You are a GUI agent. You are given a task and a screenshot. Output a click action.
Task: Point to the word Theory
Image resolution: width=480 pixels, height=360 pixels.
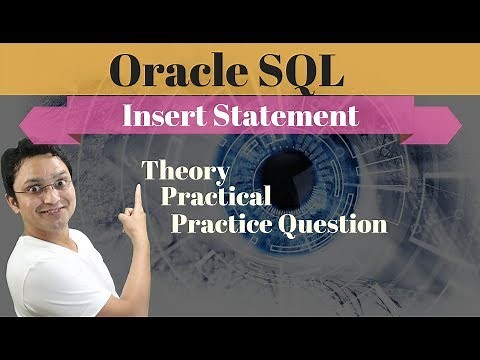(x=186, y=172)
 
